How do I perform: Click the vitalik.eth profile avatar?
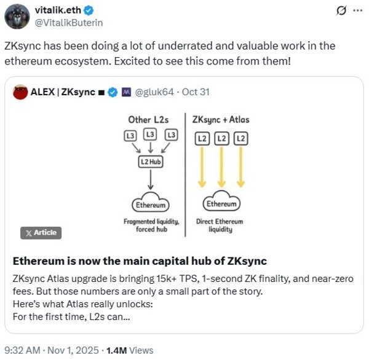coord(17,16)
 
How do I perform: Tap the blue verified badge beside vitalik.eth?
coord(89,10)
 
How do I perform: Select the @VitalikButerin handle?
coord(69,23)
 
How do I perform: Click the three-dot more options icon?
coord(358,10)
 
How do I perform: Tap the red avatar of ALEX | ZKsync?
coord(20,92)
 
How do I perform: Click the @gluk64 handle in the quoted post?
coord(154,92)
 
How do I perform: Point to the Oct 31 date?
coord(196,92)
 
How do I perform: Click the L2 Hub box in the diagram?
coord(151,162)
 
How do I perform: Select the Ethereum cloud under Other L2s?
coord(151,202)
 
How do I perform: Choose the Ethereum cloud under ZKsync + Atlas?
coord(221,201)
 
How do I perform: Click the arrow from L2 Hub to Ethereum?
coord(151,179)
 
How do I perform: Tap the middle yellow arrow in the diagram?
coord(221,167)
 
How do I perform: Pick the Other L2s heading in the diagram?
coord(148,120)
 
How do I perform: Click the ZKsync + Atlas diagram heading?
coord(221,120)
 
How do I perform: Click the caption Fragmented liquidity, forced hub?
coord(151,225)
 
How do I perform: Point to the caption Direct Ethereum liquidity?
coord(220,225)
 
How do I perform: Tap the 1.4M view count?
coord(116,350)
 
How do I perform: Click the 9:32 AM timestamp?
coord(22,350)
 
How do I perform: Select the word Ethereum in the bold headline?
coord(38,261)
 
